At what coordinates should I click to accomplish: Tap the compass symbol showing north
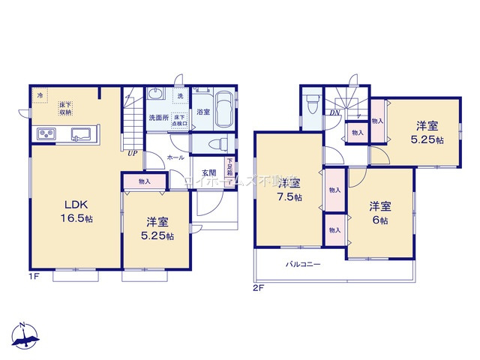25,336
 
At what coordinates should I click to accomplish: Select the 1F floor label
35,277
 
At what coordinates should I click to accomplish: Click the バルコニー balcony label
303,265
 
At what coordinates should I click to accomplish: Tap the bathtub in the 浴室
223,111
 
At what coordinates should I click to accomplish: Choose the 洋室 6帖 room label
379,213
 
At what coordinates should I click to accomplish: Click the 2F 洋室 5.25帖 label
426,132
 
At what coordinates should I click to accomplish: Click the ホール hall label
176,158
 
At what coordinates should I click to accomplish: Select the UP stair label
132,154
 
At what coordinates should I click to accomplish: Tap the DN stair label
334,112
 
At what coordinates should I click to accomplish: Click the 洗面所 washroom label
157,118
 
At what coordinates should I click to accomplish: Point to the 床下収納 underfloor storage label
65,108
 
